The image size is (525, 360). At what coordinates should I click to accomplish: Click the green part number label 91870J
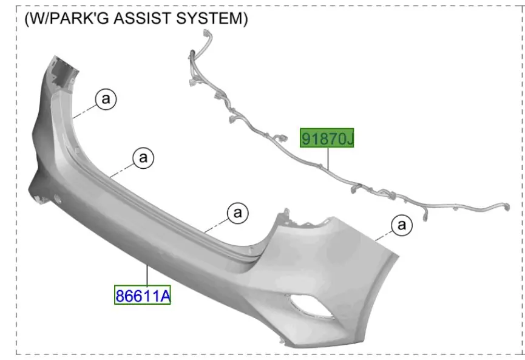pos(327,138)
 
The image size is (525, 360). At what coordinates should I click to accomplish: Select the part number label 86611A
pos(143,295)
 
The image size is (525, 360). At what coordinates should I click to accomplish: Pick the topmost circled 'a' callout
pos(106,99)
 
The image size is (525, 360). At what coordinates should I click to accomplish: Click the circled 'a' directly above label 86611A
pos(143,158)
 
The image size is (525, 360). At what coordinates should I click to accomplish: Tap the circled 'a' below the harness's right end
pos(401,225)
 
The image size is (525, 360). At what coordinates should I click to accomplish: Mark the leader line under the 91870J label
pos(328,158)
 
